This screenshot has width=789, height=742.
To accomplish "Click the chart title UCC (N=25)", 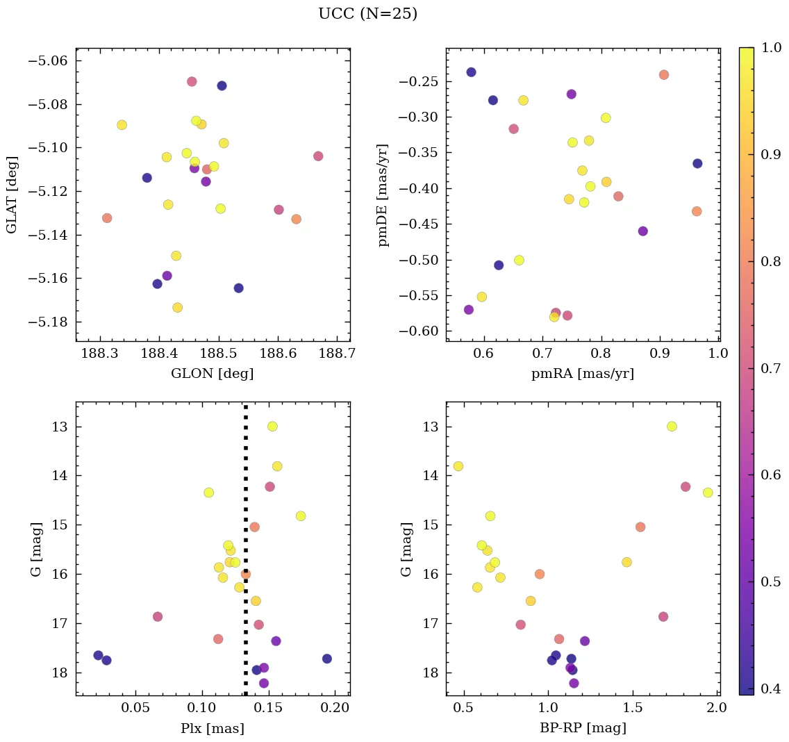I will tap(367, 14).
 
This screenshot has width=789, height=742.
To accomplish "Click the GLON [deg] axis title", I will tap(212, 374).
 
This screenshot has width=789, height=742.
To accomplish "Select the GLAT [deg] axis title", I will tap(12, 195).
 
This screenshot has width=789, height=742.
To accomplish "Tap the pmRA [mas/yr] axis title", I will tap(582, 374).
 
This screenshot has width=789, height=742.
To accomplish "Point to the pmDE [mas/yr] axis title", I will tap(383, 195).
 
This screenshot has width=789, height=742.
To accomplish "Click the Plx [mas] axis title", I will tap(212, 728).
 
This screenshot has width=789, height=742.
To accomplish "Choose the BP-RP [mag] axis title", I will tap(582, 728).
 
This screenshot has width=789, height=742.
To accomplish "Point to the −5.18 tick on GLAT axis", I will tap(47, 322).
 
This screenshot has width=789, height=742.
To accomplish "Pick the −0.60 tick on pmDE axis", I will tap(418, 331).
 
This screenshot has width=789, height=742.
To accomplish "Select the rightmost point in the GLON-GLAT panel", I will tap(318, 156).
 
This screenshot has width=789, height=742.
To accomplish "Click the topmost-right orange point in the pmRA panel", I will tap(663, 74).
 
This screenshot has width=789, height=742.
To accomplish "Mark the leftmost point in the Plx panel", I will tap(99, 655).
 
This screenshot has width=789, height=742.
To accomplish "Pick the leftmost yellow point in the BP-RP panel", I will tap(458, 466).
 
